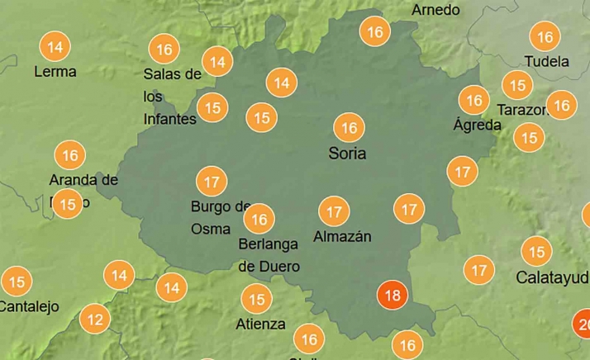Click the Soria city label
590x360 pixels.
point(347,154)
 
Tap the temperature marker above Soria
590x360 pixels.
point(349,128)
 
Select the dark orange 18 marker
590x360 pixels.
point(393,296)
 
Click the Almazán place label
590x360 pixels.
point(342,237)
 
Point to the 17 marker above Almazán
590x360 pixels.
point(334,212)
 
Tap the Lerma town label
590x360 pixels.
point(55,72)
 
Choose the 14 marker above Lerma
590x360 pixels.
point(55,47)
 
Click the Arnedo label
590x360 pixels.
point(435,11)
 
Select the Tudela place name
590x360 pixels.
point(546,62)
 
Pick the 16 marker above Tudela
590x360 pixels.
point(545,37)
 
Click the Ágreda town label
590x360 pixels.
point(477,126)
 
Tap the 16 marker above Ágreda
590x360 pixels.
point(474,101)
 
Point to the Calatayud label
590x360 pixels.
point(552,277)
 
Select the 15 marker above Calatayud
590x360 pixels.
point(537,252)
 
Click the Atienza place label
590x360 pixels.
point(261,324)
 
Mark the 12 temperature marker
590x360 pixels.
point(96,320)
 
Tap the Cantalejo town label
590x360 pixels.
point(29,307)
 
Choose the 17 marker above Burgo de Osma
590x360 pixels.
point(212,181)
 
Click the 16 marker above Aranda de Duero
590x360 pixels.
point(70,155)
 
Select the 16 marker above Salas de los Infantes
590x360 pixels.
point(164,50)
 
